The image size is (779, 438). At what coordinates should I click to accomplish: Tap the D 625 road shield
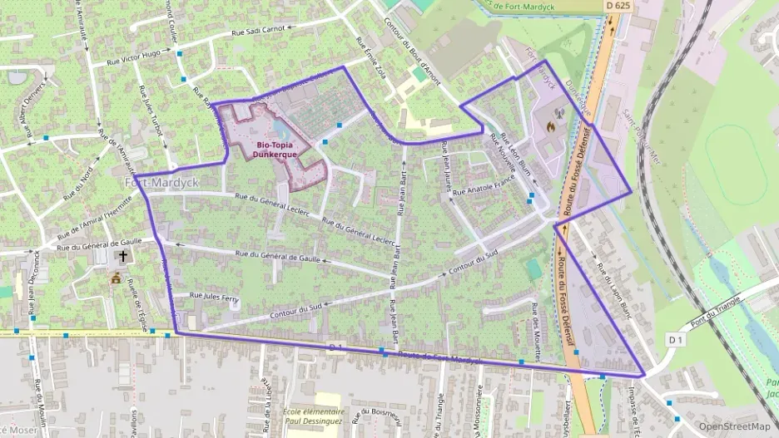618,5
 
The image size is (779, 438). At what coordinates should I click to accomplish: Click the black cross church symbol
123,257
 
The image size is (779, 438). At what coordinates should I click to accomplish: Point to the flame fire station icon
549,127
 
